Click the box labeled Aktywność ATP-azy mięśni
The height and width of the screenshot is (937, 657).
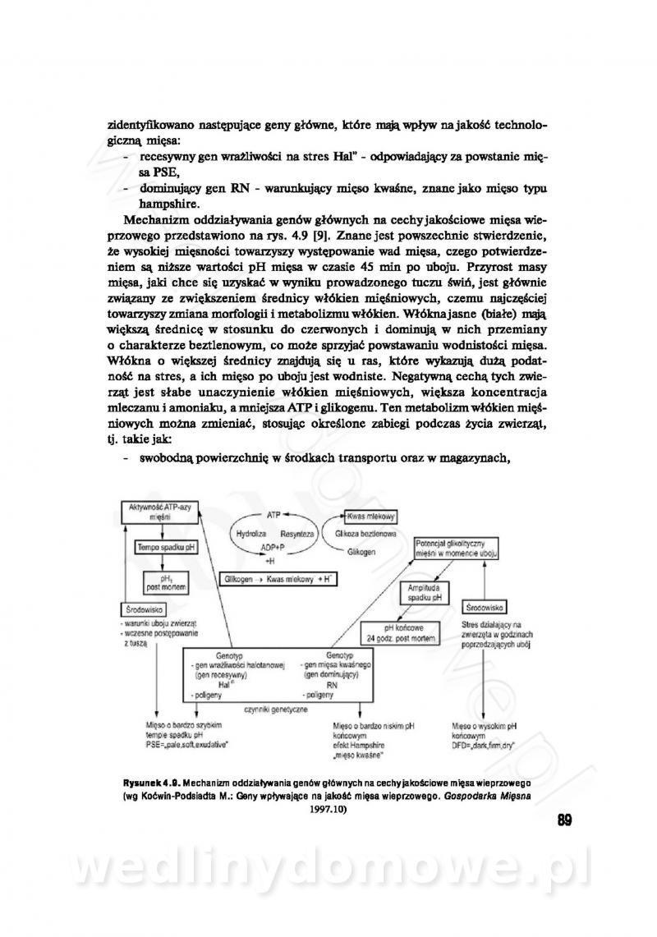[154, 513]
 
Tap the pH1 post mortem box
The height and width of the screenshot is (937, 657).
[163, 582]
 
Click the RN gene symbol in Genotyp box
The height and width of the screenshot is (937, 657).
[332, 683]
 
